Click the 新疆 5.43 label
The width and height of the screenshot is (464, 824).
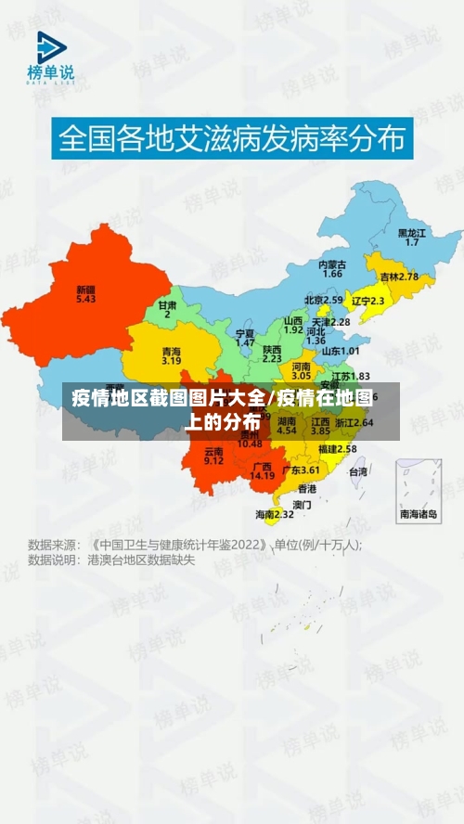[x=86, y=294]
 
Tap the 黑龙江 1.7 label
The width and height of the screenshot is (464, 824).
[x=412, y=238]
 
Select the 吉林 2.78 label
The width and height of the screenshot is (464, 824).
[x=399, y=277]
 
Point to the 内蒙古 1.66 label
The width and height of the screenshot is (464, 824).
[x=331, y=269]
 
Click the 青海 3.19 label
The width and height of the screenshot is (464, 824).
[x=171, y=356]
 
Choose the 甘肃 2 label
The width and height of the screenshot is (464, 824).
[x=167, y=309]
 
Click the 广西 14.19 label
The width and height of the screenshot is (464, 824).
[x=263, y=471]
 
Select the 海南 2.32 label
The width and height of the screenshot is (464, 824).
[x=275, y=514]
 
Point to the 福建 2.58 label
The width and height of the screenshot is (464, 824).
[x=337, y=449]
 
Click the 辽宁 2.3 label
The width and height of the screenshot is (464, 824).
[x=367, y=301]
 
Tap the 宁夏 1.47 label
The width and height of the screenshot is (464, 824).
[x=245, y=338]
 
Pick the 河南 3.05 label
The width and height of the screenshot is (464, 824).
[x=301, y=371]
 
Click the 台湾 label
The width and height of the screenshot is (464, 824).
[x=357, y=472]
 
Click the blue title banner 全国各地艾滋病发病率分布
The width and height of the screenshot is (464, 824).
[x=232, y=139]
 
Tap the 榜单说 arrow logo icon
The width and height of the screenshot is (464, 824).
[x=51, y=47]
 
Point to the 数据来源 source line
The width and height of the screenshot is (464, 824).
[x=195, y=545]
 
